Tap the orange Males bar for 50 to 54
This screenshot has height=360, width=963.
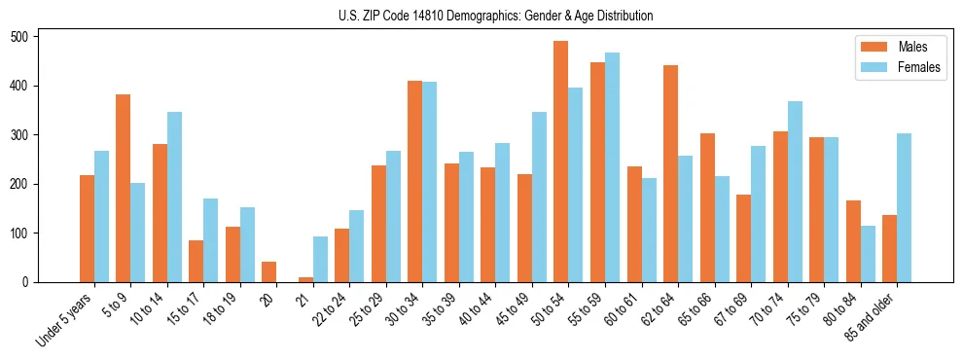[560, 162]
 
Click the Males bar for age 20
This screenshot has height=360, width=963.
[268, 271]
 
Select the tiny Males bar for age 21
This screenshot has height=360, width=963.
[305, 279]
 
